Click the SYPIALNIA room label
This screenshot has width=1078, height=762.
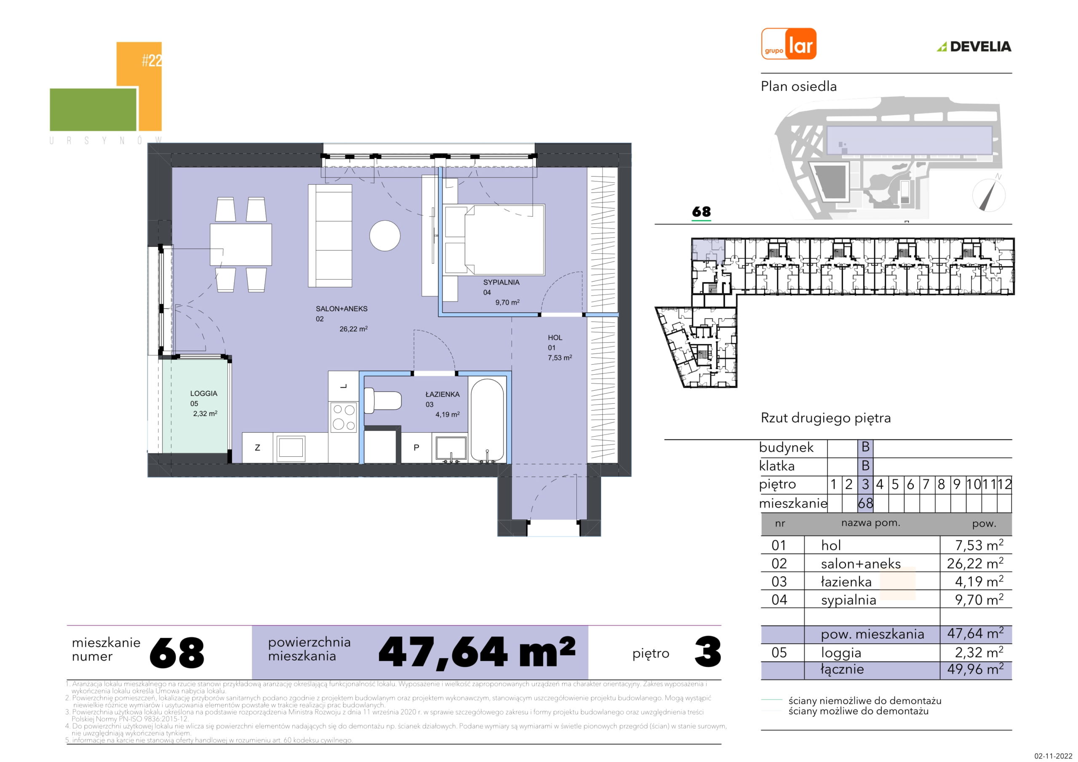[x=501, y=282]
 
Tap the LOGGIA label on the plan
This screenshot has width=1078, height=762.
[x=203, y=394]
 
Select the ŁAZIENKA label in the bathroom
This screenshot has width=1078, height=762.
[x=442, y=394]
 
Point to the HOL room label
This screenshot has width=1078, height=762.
[x=555, y=338]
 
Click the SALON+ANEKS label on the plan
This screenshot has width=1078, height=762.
[x=342, y=309]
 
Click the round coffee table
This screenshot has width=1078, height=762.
[x=384, y=236]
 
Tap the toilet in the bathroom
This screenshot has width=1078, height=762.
[x=382, y=400]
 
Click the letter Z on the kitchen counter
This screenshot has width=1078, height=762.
[x=257, y=448]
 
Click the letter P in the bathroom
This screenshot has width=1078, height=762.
[x=416, y=448]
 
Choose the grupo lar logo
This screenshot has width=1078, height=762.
[x=789, y=44]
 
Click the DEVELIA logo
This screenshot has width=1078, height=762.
[x=974, y=46]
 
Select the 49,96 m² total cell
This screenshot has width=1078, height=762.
[x=975, y=669]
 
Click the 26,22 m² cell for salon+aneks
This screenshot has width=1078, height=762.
[x=975, y=562]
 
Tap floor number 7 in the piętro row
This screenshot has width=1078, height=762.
[x=926, y=485]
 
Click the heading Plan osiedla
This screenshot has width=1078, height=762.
[x=799, y=86]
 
